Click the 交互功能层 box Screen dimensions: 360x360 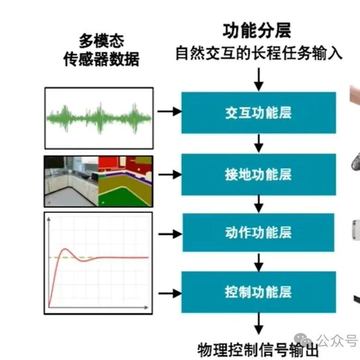pyautogui.click(x=259, y=113)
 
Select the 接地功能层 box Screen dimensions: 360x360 pyautogui.click(x=259, y=175)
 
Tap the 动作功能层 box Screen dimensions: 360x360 pyautogui.click(x=258, y=232)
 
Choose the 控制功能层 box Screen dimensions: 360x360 pyautogui.click(x=259, y=292)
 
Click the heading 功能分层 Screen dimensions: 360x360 pyautogui.click(x=257, y=31)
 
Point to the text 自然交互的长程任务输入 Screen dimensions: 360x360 pyautogui.click(x=259, y=53)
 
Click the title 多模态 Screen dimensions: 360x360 pyautogui.click(x=102, y=41)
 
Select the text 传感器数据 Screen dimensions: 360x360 pyautogui.click(x=102, y=59)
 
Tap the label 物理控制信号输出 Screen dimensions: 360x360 pyautogui.click(x=258, y=350)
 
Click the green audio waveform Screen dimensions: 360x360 pyautogui.click(x=99, y=118)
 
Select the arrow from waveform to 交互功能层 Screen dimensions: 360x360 pyautogui.click(x=170, y=111)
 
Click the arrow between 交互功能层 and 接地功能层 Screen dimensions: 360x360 pyautogui.click(x=259, y=144)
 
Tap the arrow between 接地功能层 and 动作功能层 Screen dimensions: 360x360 pyautogui.click(x=259, y=204)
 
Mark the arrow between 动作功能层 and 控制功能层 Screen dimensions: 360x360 pyautogui.click(x=259, y=262)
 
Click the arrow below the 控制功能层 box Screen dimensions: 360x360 pyautogui.click(x=259, y=324)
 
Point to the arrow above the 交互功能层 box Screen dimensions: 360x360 pyautogui.click(x=259, y=79)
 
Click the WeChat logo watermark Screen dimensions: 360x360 pyautogui.click(x=303, y=340)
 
